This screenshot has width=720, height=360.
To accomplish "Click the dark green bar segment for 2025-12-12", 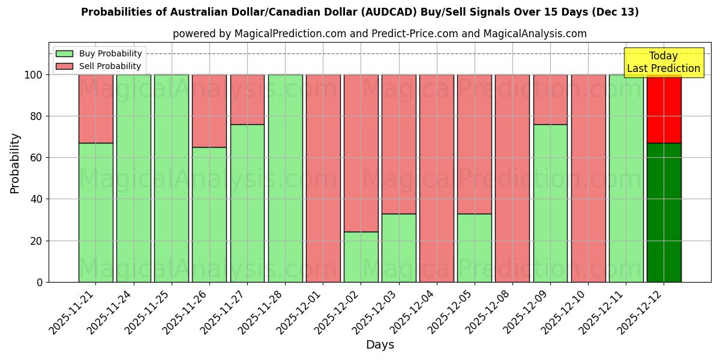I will pos(664,212).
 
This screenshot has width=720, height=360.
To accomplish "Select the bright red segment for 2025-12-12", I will pos(664,109).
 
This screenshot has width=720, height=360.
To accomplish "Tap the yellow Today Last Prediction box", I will pos(664,62).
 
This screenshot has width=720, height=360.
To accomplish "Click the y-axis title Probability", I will pos(15,163).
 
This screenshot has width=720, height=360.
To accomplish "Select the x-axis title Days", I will pos(380,345).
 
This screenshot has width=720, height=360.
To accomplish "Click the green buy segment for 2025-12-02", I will pos(361,257).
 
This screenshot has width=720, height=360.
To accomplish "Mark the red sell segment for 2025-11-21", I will pos(95,109).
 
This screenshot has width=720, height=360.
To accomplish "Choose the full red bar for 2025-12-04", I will pos(436,178).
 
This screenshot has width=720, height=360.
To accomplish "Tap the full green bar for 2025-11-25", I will pos(171,178).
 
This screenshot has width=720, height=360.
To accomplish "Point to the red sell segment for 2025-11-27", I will pos(247,100).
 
